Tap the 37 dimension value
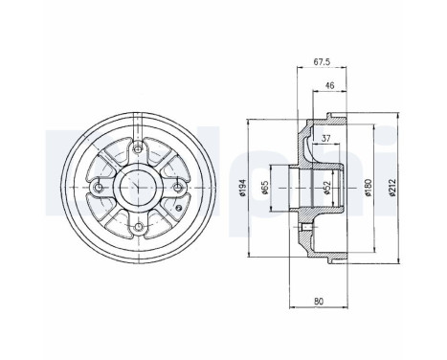click(x=326, y=138)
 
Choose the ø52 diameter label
click(x=327, y=189)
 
